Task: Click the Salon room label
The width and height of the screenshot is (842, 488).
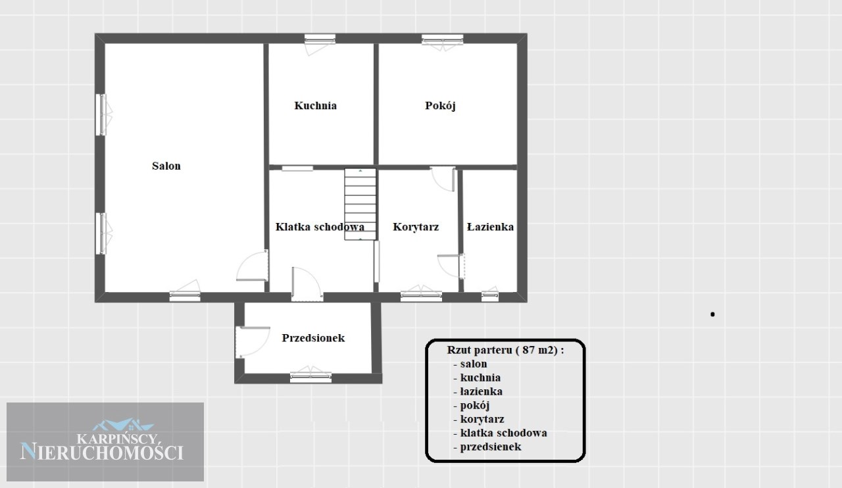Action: pyautogui.click(x=166, y=166)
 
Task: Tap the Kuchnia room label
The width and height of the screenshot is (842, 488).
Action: pyautogui.click(x=315, y=106)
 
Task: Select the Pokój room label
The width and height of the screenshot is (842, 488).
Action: pyautogui.click(x=440, y=106)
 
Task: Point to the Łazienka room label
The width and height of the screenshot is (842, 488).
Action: pyautogui.click(x=490, y=227)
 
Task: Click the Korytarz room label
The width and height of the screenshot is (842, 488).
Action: pyautogui.click(x=416, y=227)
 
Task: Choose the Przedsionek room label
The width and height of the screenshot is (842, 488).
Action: pyautogui.click(x=313, y=338)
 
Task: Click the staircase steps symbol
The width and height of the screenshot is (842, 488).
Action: pyautogui.click(x=360, y=204)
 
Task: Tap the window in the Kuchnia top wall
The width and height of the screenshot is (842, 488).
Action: pyautogui.click(x=320, y=39)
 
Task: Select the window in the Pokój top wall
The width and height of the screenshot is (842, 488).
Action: pyautogui.click(x=443, y=39)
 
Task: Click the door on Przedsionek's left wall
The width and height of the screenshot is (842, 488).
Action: pyautogui.click(x=252, y=342)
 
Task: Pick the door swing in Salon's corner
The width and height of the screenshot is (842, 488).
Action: pyautogui.click(x=252, y=266)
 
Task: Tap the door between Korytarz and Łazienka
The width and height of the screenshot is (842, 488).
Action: pyautogui.click(x=451, y=266)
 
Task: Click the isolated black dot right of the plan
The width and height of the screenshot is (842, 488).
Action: pyautogui.click(x=712, y=314)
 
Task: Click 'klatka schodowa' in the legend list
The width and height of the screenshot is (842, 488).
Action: pyautogui.click(x=503, y=433)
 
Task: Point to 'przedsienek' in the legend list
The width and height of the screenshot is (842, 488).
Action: pyautogui.click(x=491, y=447)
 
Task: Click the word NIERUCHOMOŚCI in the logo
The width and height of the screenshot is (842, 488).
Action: pyautogui.click(x=102, y=452)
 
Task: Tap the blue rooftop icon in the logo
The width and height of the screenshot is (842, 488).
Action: pyautogui.click(x=123, y=425)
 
